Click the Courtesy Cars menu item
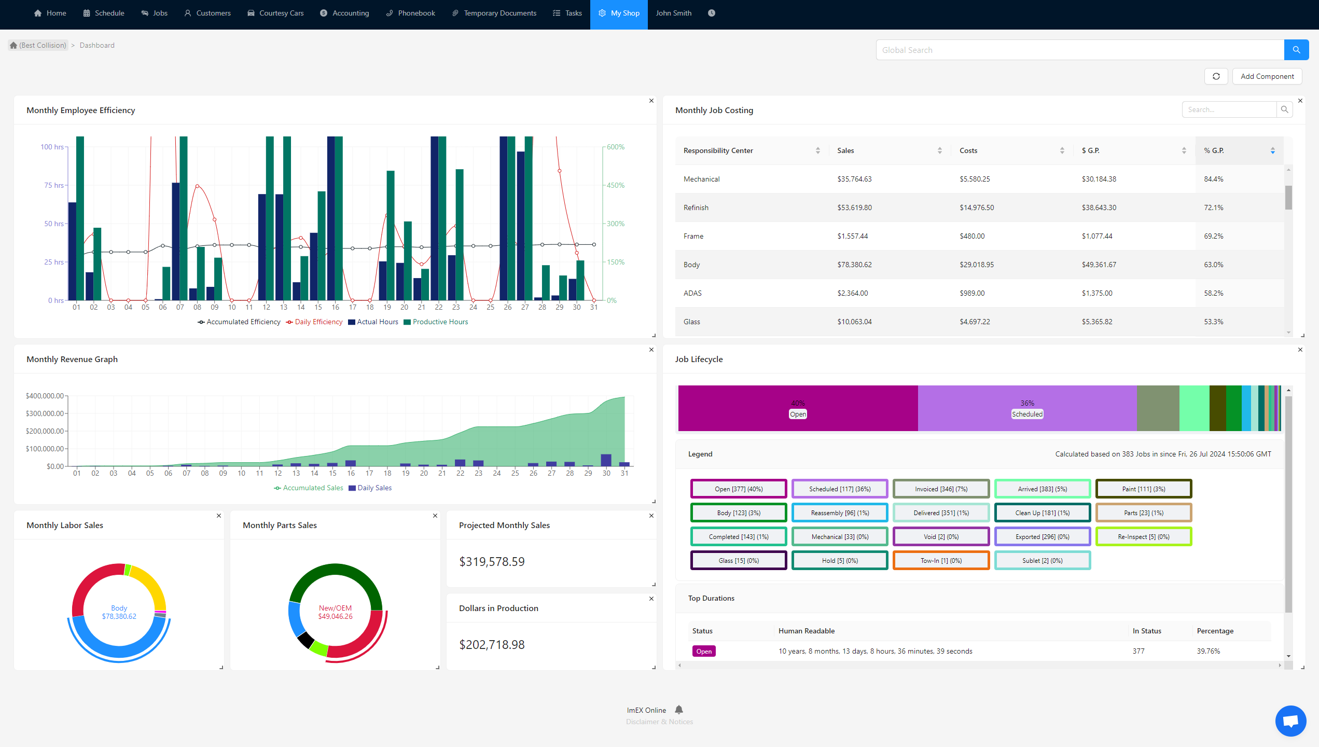pyautogui.click(x=275, y=13)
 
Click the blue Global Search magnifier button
pyautogui.click(x=1296, y=50)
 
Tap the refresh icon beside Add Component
pyautogui.click(x=1216, y=76)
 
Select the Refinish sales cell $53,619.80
pyautogui.click(x=854, y=208)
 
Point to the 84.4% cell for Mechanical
pyautogui.click(x=1213, y=179)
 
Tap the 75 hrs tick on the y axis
pyautogui.click(x=53, y=185)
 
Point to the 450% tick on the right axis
pyautogui.click(x=616, y=185)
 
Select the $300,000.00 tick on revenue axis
pyautogui.click(x=45, y=413)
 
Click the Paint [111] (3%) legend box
pyautogui.click(x=1143, y=489)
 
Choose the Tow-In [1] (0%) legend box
pyautogui.click(x=941, y=560)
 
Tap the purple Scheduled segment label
pyautogui.click(x=1027, y=414)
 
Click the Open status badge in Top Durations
pyautogui.click(x=704, y=651)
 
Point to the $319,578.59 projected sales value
pyautogui.click(x=492, y=562)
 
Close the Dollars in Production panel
pyautogui.click(x=651, y=599)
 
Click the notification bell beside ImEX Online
pyautogui.click(x=679, y=710)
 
